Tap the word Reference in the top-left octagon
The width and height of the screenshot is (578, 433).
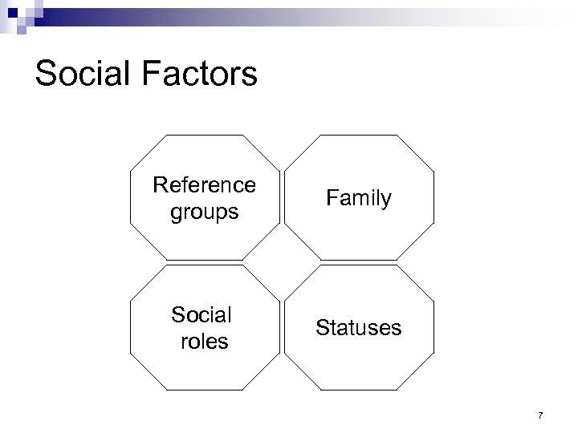(205, 185)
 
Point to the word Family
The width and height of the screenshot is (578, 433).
(359, 198)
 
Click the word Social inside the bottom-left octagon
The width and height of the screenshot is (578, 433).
(201, 314)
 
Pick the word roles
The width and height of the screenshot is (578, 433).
(205, 341)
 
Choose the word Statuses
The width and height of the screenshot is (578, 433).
(358, 327)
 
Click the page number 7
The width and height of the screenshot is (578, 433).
(540, 415)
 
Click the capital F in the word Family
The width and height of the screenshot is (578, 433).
(332, 198)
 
